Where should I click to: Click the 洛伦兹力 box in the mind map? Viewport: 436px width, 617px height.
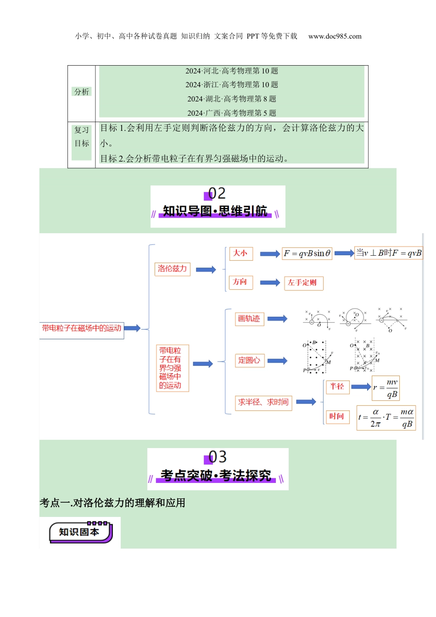coord(173,269)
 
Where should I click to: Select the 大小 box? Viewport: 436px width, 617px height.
coord(240,253)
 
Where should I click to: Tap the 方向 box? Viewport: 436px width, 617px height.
coord(240,282)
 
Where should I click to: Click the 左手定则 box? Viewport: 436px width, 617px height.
coord(304,283)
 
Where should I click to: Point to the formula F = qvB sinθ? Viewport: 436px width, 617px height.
coord(307,253)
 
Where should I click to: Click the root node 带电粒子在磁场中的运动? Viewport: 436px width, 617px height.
coord(82,329)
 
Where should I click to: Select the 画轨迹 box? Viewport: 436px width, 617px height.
coord(249,319)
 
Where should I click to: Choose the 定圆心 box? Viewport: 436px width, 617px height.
coord(249,360)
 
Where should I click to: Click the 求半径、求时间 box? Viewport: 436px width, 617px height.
coord(263,402)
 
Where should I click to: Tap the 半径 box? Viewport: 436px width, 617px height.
coord(337,387)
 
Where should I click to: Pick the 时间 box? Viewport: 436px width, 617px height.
coord(337,416)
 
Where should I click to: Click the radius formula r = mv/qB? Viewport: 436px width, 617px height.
coord(386,388)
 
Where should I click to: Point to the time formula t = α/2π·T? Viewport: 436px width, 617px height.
coord(386,418)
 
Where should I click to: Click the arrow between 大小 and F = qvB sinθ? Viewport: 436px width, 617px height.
coord(270,254)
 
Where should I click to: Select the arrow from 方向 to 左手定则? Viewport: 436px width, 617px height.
coord(270,283)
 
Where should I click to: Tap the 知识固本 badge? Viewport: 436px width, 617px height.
coord(81,532)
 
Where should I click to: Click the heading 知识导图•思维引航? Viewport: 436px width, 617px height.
coord(215,211)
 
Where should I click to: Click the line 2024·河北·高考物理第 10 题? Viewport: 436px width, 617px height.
coord(232,71)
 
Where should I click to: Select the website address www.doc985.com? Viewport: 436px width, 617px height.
coord(335,36)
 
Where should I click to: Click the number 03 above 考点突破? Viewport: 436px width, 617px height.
coord(218,457)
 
